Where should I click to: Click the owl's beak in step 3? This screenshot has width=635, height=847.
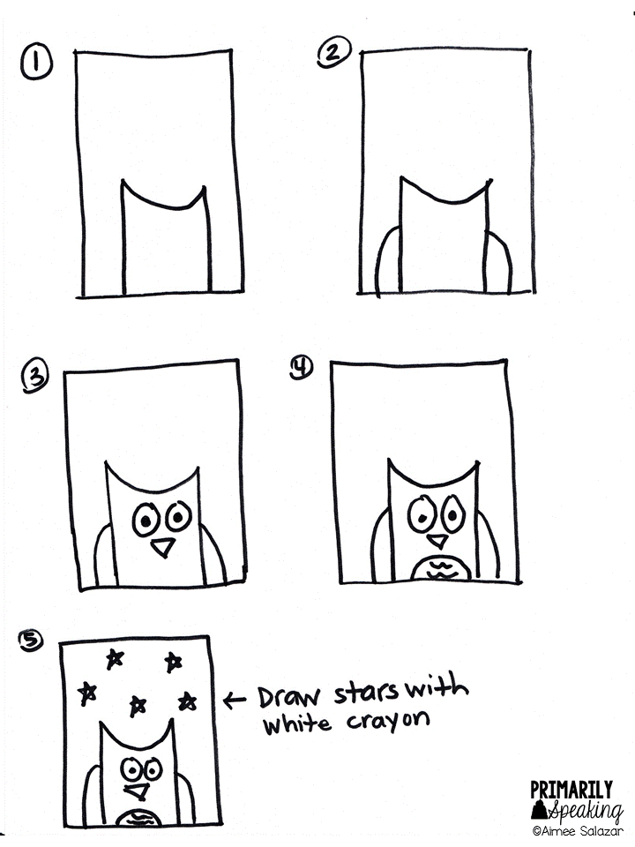click(x=161, y=549)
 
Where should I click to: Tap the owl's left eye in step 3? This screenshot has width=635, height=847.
click(x=145, y=521)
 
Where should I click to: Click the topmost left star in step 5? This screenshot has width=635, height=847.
click(x=114, y=656)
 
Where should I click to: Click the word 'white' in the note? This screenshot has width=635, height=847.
click(x=297, y=725)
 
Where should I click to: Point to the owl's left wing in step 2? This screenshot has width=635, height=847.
click(x=385, y=261)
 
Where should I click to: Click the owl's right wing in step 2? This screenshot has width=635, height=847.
click(x=500, y=261)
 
